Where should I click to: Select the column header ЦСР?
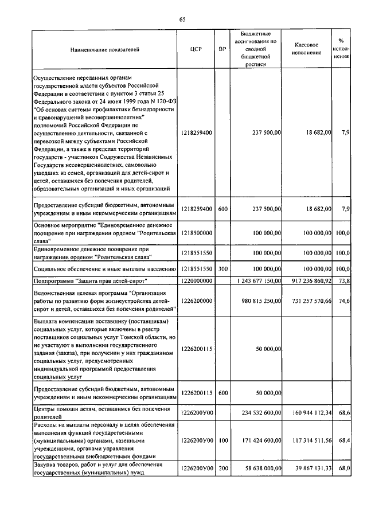pos(197,49)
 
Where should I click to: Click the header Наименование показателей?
pos(105,49)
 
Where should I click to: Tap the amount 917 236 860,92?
pos(307,281)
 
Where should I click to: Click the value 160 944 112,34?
pos(307,412)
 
